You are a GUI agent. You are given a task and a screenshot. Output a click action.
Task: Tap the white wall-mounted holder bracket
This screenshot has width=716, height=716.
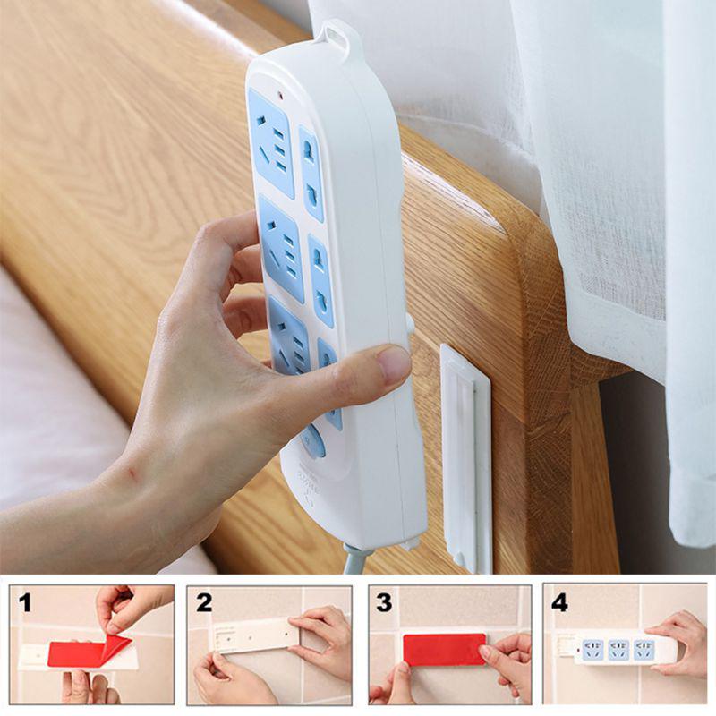pos(465,456)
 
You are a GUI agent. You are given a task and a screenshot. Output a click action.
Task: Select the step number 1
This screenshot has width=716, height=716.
pos(25,602)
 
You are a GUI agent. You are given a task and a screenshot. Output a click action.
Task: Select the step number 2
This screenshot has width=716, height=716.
pos(204,602)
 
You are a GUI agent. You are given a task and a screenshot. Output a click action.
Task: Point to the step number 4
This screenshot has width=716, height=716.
pos(559,602)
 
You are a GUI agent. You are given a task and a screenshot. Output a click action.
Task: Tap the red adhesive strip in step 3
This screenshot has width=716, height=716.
pos(444,649)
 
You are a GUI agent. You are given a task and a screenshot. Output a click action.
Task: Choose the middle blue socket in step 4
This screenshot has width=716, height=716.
pos(618,650)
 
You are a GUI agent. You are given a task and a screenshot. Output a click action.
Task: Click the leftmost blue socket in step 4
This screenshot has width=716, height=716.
pos(592,650)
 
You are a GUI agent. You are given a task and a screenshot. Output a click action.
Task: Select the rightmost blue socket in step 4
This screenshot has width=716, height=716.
pos(644,651)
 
